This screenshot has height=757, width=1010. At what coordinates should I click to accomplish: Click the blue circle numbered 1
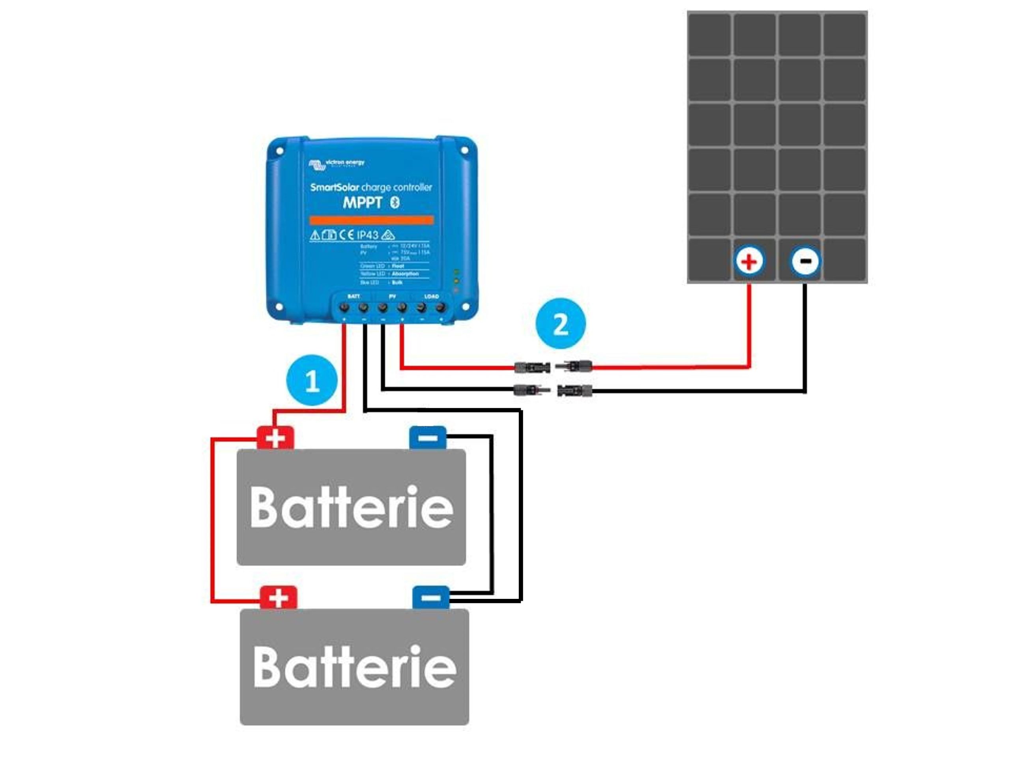[312, 380]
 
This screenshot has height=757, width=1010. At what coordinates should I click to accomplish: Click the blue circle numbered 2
[560, 324]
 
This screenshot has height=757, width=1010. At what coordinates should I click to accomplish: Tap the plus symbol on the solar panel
[749, 261]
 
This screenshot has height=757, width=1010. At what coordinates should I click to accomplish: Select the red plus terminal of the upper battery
[275, 438]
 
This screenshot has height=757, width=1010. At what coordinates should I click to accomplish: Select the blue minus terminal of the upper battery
[427, 438]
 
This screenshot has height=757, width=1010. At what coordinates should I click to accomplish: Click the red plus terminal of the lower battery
[278, 598]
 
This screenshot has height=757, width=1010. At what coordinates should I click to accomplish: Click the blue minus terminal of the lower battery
[430, 598]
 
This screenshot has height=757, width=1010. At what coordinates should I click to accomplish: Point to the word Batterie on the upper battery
[352, 507]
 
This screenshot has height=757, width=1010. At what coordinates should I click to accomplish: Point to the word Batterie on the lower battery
[355, 667]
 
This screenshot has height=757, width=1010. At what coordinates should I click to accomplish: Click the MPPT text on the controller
[362, 202]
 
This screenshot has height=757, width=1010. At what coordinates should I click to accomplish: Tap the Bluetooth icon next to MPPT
[395, 202]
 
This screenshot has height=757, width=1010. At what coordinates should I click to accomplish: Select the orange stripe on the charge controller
[371, 220]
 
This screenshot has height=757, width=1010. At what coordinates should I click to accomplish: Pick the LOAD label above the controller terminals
[431, 296]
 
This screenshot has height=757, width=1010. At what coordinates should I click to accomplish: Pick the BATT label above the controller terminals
[353, 296]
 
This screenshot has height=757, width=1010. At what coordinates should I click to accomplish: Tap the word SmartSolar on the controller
[334, 187]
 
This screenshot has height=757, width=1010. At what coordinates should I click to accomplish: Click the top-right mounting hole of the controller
[464, 150]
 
